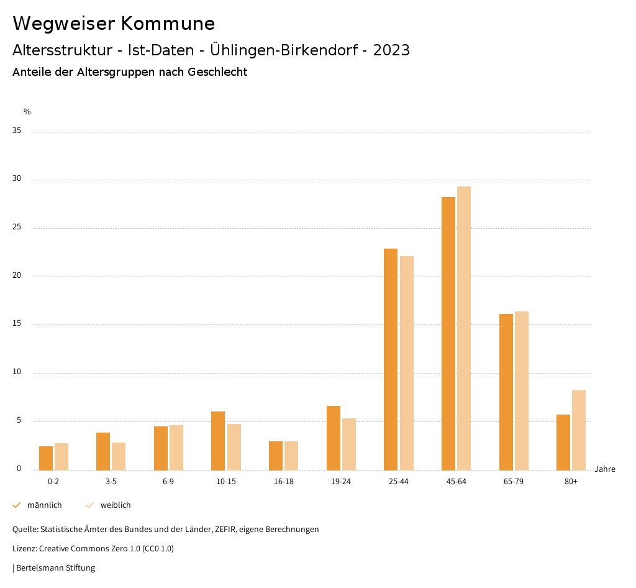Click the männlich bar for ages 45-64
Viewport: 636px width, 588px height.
pos(448,333)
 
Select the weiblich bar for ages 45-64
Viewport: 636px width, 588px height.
pos(464,328)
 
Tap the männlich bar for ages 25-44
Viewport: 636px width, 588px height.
pos(391,359)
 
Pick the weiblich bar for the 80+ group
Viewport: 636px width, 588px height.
pos(579,430)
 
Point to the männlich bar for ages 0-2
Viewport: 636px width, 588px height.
pos(46,458)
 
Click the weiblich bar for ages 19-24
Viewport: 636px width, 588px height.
pos(349,444)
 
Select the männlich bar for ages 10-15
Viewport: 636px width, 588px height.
pos(218,441)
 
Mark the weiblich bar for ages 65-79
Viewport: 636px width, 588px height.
pos(522,390)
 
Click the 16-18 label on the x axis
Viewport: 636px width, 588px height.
pos(283,482)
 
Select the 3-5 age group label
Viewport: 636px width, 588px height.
pos(111,482)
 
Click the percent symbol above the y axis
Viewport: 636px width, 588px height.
pos(27,112)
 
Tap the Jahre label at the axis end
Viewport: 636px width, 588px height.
pos(605,469)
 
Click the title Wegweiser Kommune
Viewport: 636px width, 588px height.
pos(114,24)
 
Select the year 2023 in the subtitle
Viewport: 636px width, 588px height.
pos(391,50)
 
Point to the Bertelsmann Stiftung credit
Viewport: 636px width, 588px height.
pos(55,568)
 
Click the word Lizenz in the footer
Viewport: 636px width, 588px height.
pos(24,549)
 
